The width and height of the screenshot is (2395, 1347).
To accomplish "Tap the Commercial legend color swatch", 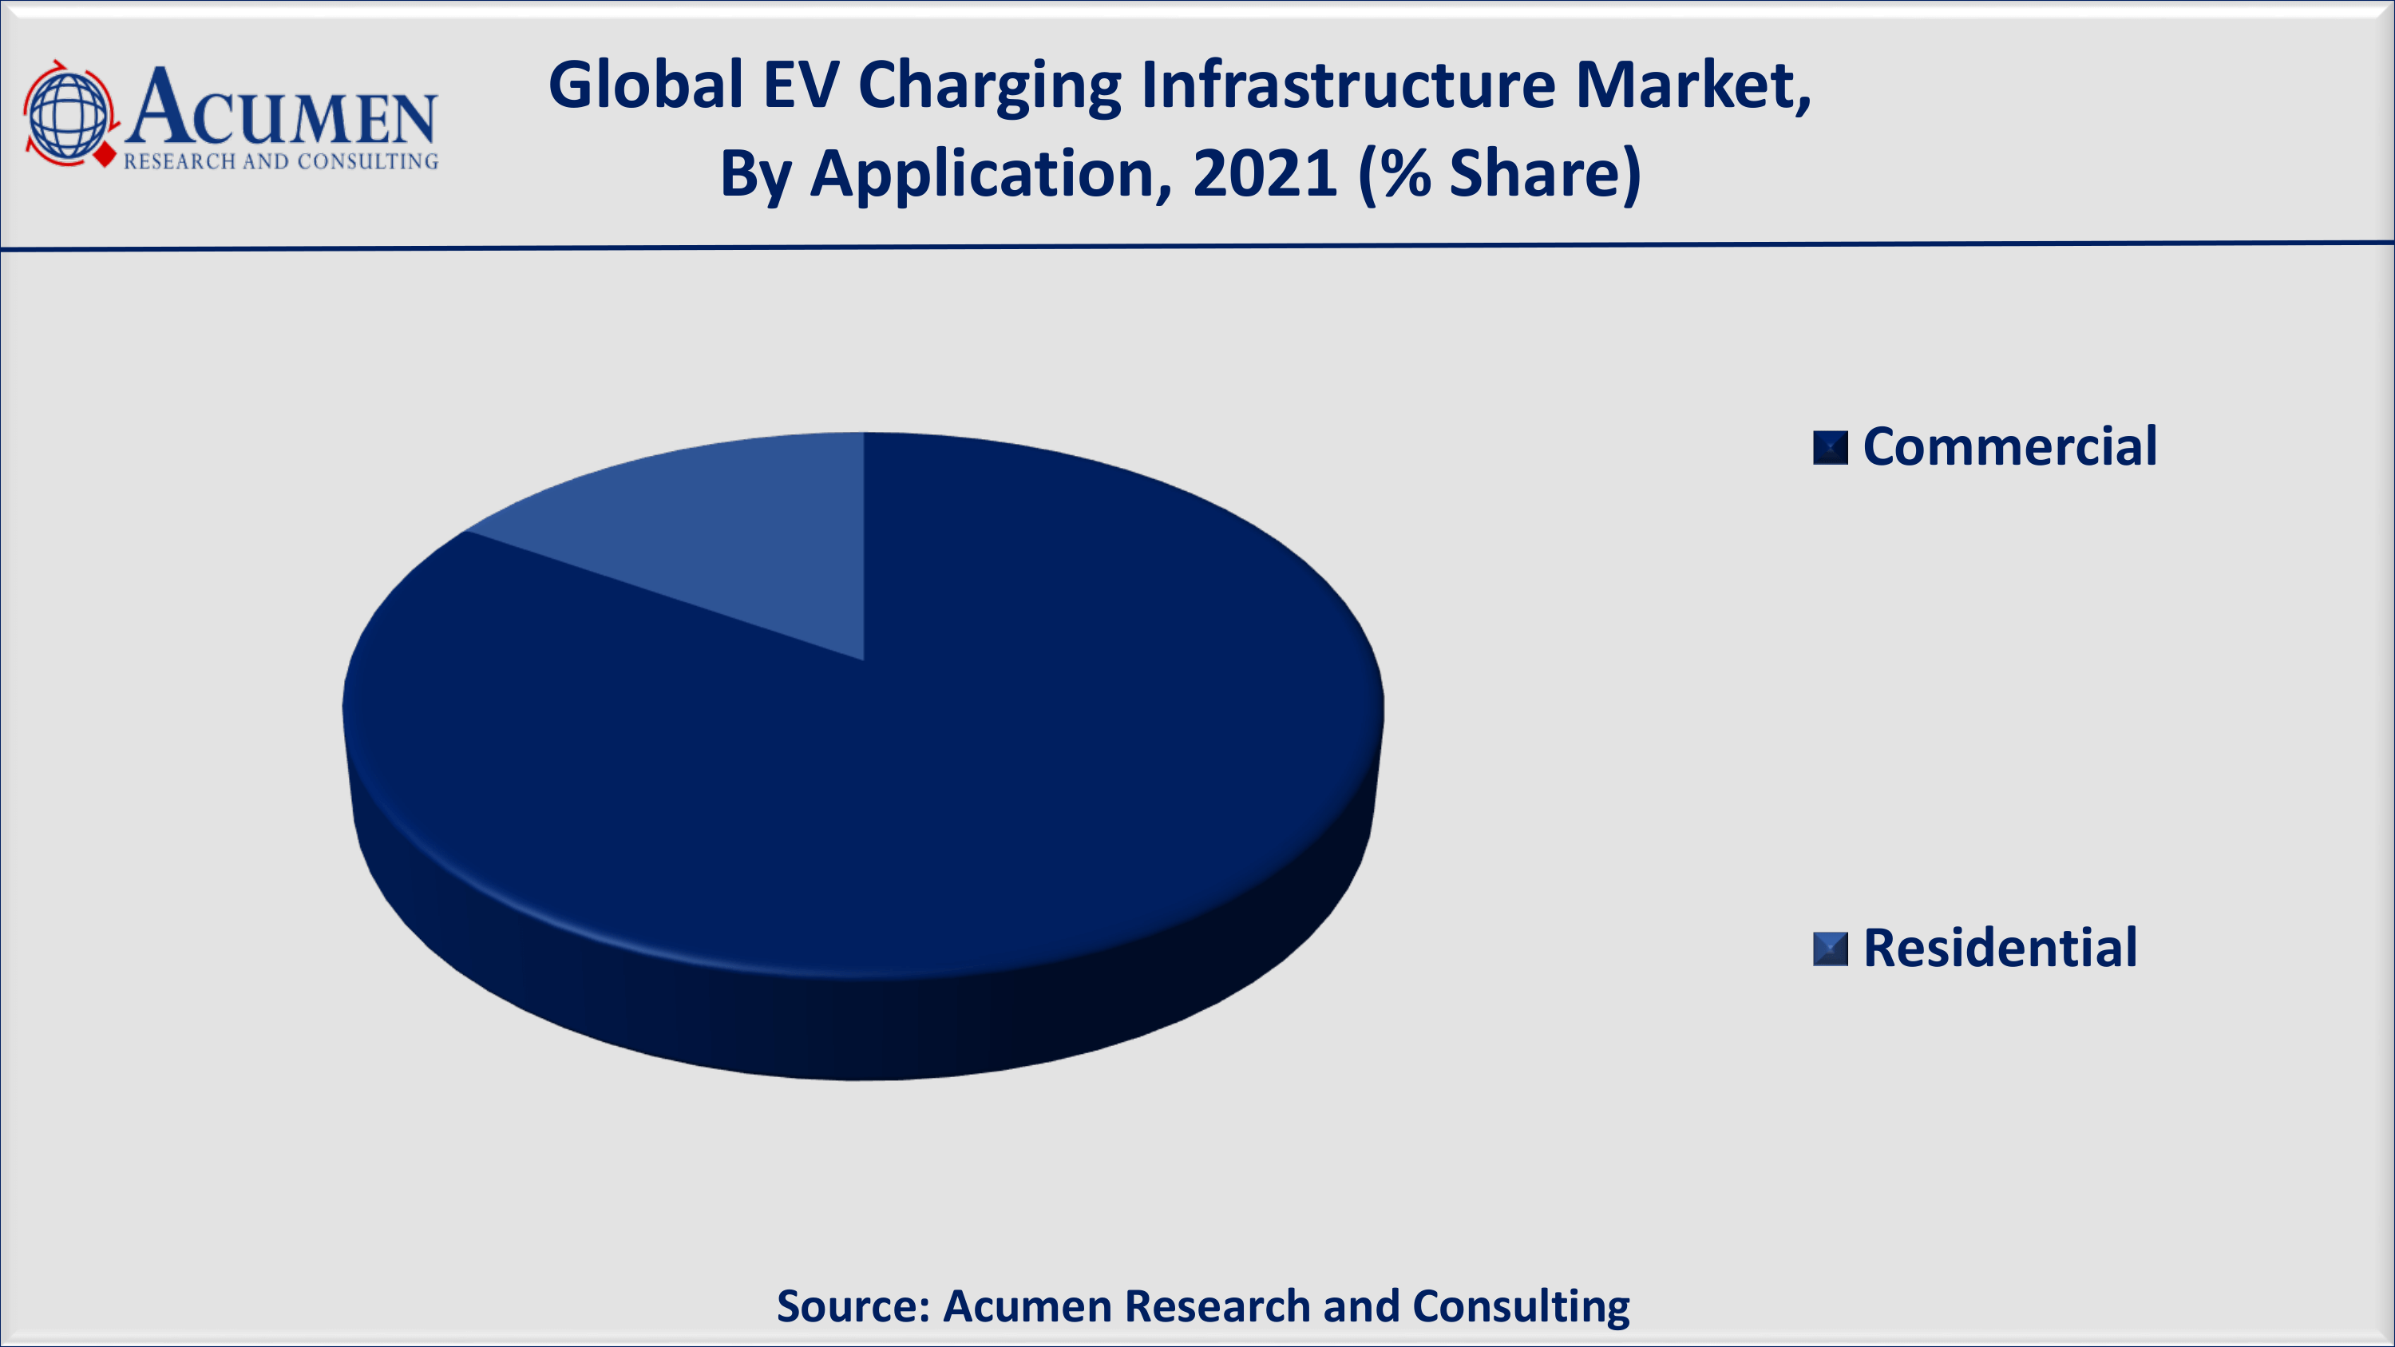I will (1830, 447).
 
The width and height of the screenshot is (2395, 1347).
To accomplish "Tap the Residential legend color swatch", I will (1830, 949).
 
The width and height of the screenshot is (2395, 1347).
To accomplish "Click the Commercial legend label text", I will (2009, 447).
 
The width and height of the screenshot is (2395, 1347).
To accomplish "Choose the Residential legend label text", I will (2000, 949).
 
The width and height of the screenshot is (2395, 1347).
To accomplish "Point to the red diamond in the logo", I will (106, 154).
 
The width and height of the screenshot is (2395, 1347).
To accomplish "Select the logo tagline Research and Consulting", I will (281, 162).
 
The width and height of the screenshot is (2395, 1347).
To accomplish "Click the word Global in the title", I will (645, 85).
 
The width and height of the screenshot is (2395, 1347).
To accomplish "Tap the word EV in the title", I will (801, 85).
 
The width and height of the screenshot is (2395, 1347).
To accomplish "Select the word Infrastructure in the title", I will (1348, 85).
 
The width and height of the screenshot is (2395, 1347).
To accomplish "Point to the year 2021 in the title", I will (1265, 174).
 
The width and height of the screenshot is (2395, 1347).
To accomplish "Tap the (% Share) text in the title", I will (1498, 174).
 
